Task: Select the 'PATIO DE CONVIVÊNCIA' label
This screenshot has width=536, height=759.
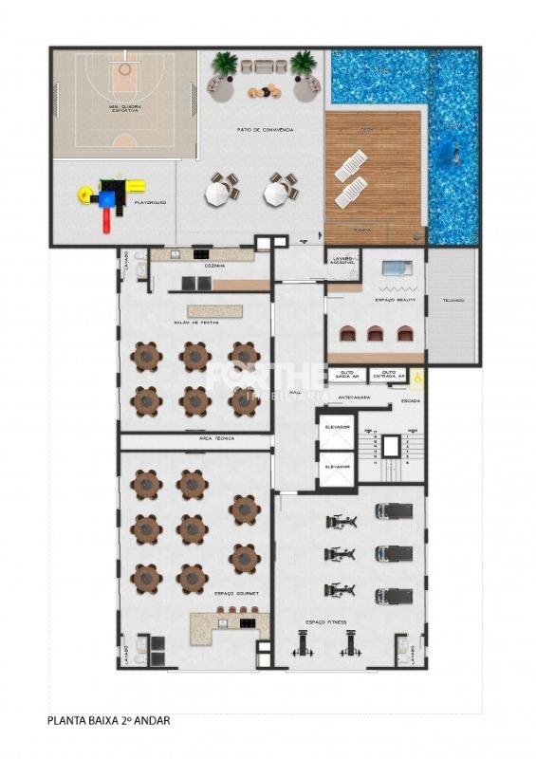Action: [265, 129]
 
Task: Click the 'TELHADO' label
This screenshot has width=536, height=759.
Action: [453, 301]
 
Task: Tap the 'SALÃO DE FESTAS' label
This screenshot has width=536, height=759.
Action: [194, 324]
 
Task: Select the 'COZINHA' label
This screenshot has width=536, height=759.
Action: [214, 267]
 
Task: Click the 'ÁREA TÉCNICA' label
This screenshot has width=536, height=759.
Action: [217, 438]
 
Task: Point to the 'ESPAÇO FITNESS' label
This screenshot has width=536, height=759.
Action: [325, 622]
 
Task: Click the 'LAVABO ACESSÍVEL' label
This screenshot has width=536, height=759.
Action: [342, 261]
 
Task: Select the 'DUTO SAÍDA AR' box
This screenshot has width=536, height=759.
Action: [347, 376]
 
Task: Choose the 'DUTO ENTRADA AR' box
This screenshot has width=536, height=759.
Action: [387, 376]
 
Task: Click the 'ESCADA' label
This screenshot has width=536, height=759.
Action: [412, 400]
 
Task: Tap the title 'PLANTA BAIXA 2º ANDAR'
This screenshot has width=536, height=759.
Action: [109, 721]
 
